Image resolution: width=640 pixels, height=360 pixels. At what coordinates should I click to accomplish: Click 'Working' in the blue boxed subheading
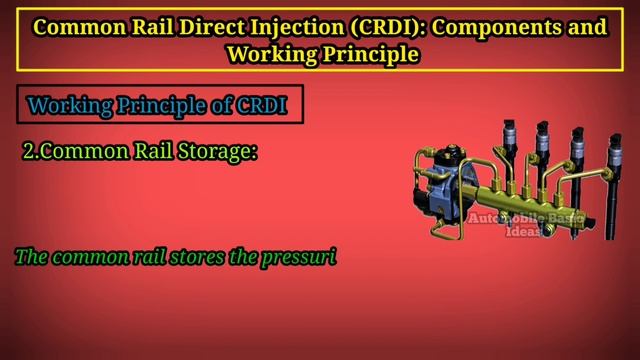click(x=70, y=105)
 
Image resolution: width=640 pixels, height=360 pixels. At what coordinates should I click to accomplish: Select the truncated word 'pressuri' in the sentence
click(x=301, y=257)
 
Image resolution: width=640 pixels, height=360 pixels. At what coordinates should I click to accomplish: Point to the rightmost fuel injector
click(x=607, y=170)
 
